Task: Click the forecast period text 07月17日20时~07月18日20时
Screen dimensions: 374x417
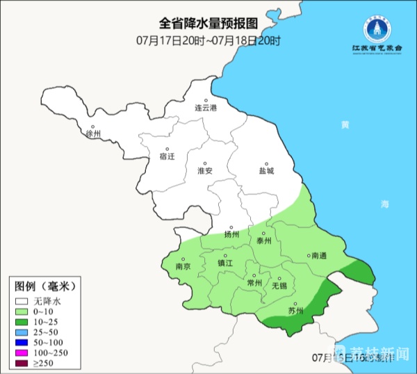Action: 208,40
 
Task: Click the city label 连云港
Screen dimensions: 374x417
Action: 206,108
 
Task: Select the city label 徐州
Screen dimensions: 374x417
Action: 93,133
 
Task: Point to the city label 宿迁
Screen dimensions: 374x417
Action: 167,156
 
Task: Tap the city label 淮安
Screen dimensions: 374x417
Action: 204,170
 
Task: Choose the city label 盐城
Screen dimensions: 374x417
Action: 266,170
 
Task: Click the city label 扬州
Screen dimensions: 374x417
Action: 231,234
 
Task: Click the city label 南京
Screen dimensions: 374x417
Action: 183,266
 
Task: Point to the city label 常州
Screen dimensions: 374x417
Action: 255,283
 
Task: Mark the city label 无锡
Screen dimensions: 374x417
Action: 279,285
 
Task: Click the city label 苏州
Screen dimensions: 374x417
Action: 295,311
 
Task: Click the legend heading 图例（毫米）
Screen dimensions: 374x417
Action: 44,286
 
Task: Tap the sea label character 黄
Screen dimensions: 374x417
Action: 345,126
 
